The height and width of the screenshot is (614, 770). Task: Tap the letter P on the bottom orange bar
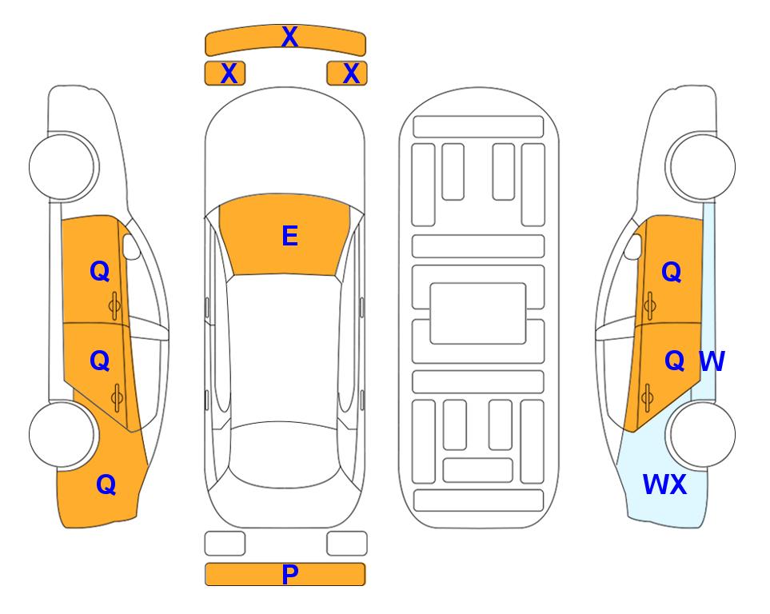[289, 574]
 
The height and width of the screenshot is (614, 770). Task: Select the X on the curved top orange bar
[289, 36]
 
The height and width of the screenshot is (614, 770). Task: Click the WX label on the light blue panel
[664, 484]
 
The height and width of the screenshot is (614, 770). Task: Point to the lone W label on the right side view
[712, 361]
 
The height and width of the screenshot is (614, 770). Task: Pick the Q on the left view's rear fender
[106, 484]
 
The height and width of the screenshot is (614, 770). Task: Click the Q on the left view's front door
[100, 271]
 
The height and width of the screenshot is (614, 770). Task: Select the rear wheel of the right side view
[700, 434]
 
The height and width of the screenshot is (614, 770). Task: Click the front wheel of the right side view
[700, 167]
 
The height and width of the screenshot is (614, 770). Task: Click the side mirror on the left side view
[130, 246]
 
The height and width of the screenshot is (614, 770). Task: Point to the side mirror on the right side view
[633, 246]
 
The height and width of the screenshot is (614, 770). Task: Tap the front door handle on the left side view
[115, 305]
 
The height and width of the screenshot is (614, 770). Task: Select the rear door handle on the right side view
[647, 398]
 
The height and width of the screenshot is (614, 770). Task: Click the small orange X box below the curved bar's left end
[225, 74]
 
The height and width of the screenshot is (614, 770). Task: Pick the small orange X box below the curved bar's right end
[347, 74]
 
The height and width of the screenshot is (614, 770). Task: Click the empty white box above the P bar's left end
[225, 544]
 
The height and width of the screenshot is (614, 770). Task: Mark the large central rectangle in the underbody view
[478, 313]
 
